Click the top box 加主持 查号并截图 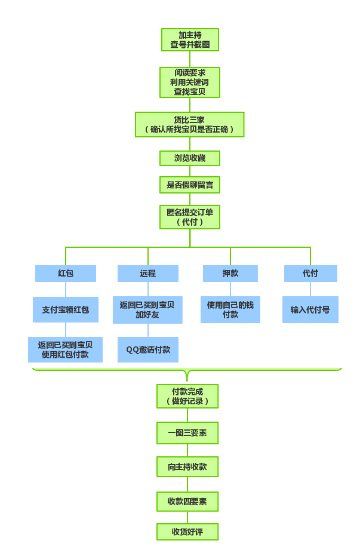190,40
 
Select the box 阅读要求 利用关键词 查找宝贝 190,82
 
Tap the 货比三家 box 189,124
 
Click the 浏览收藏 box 190,158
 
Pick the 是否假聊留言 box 190,185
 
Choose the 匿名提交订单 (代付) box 190,217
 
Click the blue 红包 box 66,274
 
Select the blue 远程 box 148,274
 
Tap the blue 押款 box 230,274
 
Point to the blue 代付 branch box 310,274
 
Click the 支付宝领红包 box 66,309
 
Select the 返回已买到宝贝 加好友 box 147,310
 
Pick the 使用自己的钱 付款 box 230,309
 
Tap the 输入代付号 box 310,309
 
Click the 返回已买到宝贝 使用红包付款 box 66,349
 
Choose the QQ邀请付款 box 148,349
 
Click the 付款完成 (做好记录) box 187,396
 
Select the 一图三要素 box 187,433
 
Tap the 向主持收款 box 187,467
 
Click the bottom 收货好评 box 187,532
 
